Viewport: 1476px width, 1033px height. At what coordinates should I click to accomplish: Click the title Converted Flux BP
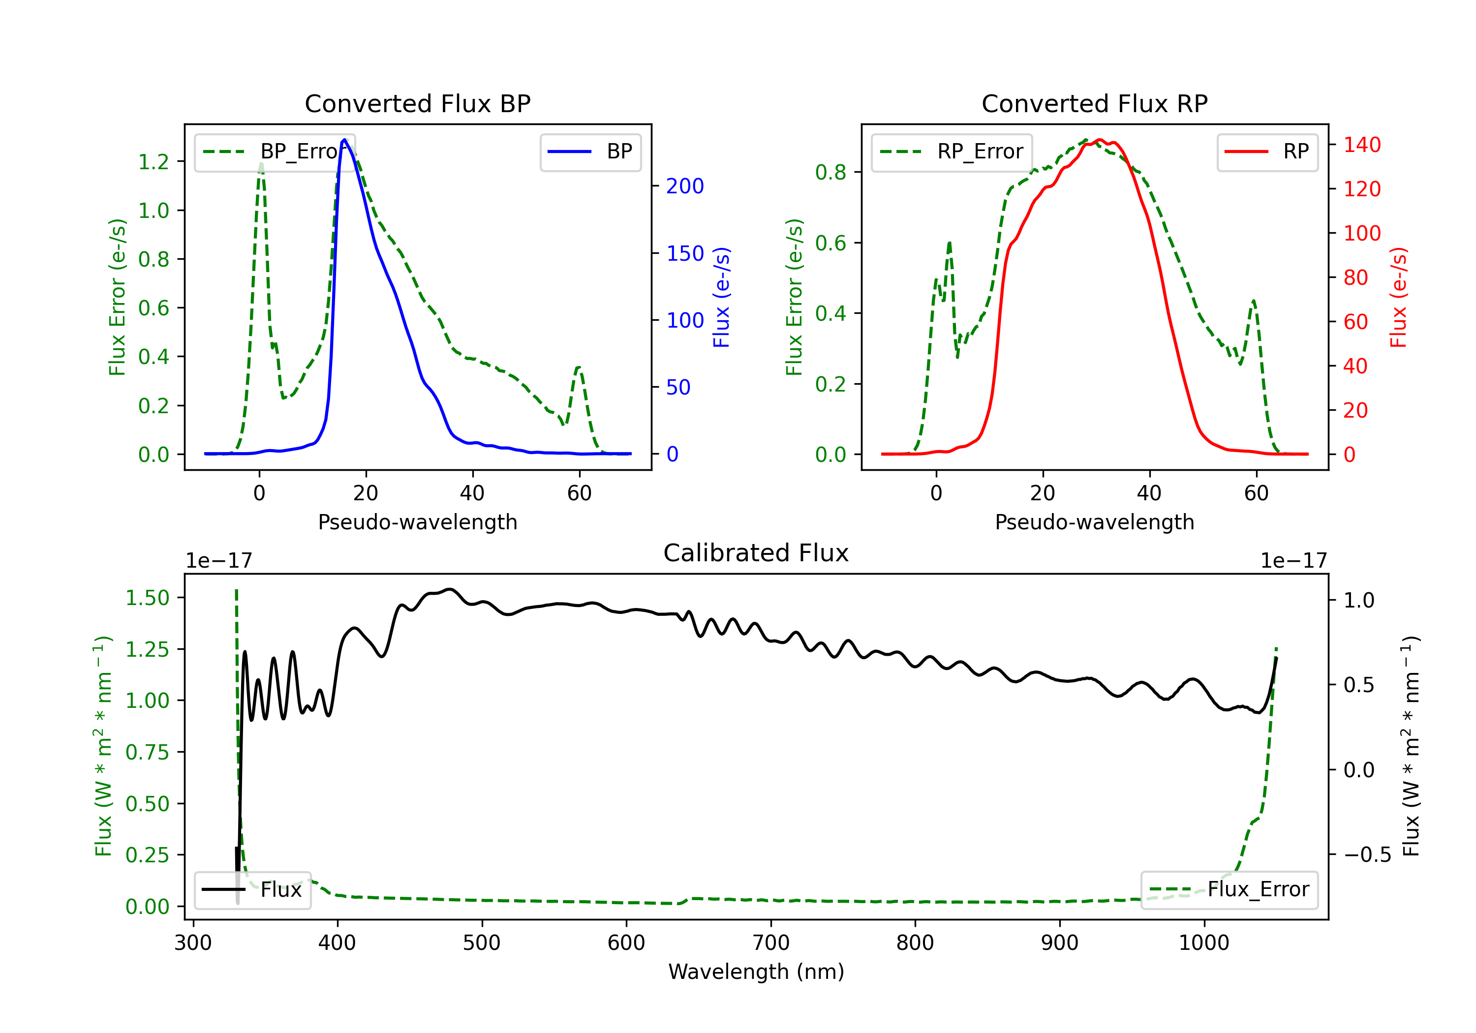click(418, 103)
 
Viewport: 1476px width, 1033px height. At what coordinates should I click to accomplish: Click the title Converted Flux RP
click(1095, 103)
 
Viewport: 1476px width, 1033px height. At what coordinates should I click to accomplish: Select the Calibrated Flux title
click(756, 553)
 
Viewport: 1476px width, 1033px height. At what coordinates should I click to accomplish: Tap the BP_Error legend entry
click(275, 152)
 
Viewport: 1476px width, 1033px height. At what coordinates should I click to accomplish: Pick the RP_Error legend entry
click(952, 152)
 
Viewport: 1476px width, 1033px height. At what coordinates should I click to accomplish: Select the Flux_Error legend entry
click(1229, 890)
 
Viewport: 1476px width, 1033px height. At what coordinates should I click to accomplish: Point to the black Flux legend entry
click(252, 890)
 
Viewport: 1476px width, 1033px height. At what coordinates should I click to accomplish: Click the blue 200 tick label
click(685, 186)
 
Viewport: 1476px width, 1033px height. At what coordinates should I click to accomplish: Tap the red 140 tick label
click(1362, 145)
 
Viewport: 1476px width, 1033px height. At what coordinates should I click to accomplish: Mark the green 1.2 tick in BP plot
click(154, 161)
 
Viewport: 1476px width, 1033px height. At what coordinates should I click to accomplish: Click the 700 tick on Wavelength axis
click(771, 943)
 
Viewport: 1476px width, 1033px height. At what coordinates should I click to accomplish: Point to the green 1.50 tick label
click(147, 598)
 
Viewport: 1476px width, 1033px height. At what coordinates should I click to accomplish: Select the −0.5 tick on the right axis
click(1367, 855)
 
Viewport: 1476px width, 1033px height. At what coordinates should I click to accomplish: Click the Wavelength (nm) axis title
click(757, 972)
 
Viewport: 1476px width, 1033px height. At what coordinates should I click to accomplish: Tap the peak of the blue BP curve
click(344, 140)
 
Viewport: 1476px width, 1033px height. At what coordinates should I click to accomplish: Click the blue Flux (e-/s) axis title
click(721, 298)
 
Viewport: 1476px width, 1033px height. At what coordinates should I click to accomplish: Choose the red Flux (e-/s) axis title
click(1398, 298)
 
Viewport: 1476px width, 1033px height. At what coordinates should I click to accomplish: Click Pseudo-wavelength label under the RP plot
click(1095, 522)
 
